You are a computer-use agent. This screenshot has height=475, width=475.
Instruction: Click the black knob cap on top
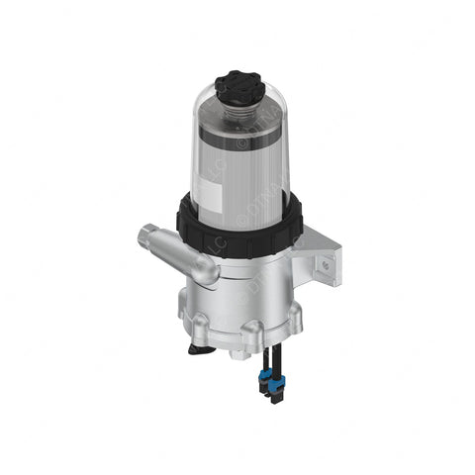tap(238, 85)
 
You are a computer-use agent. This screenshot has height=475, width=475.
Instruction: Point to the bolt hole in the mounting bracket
tap(322, 263)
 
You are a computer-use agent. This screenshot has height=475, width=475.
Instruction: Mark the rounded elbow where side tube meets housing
tap(209, 267)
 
